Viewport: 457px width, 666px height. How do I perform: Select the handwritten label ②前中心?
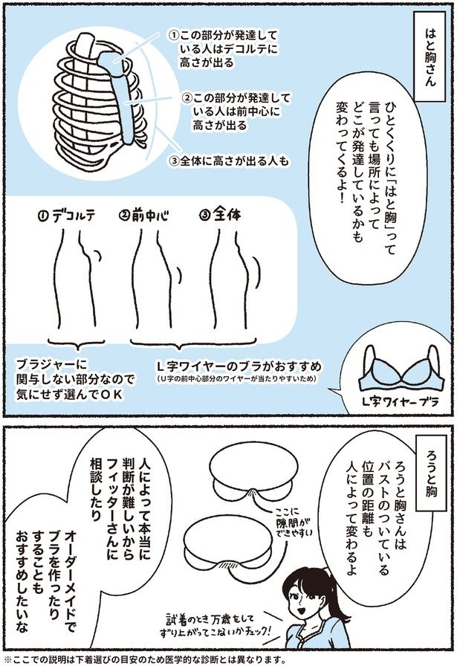[144, 218]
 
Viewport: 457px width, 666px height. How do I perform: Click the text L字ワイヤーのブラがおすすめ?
[238, 366]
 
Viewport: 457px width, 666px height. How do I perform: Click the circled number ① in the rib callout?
[173, 35]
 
